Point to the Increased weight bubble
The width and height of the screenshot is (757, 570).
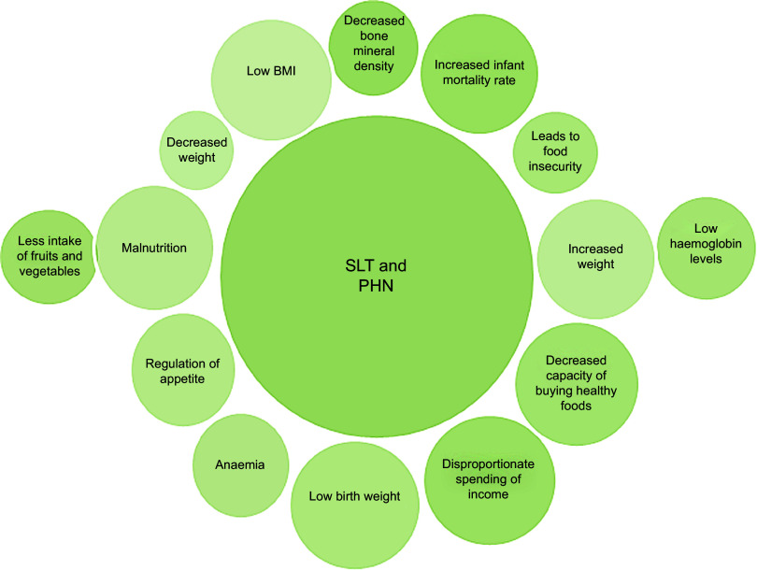click(596, 257)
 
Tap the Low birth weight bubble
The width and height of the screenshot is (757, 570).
click(354, 495)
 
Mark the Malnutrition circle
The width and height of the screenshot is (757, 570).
click(154, 249)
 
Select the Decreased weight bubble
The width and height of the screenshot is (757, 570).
click(197, 150)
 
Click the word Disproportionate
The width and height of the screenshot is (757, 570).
click(483, 464)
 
